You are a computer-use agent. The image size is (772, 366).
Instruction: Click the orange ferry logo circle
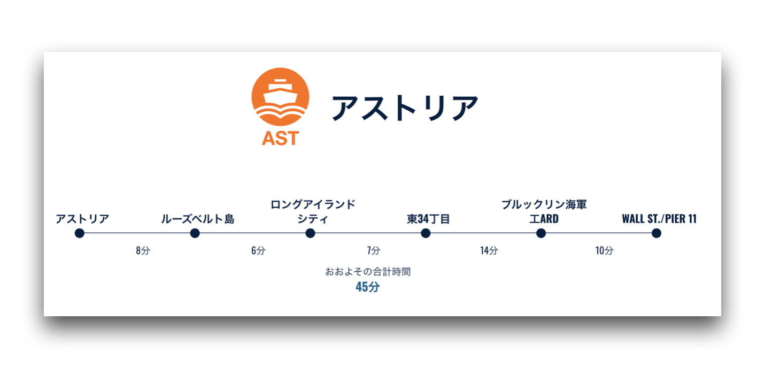point(280,97)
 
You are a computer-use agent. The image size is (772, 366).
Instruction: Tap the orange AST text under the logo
point(280,139)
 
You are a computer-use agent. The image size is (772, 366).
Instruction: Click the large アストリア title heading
point(405,108)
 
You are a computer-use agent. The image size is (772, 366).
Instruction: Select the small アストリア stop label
point(82,219)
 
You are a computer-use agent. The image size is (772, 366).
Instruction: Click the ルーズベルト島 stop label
point(198,219)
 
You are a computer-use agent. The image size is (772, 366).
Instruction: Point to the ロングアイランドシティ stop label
point(313,211)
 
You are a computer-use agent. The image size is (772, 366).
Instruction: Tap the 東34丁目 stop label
point(428,219)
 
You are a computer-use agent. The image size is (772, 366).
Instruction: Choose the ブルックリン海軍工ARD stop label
point(544,211)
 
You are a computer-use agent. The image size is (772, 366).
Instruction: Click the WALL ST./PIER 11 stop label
point(659,219)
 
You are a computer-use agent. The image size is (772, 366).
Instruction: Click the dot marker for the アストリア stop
point(80,233)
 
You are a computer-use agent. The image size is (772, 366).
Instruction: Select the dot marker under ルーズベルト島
point(195,233)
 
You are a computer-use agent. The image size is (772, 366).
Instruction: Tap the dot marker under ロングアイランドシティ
point(310,233)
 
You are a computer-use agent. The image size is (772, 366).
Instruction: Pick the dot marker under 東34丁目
point(426,233)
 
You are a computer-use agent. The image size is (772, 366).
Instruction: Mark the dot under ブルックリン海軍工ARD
point(541,233)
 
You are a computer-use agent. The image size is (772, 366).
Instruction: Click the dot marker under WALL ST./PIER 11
point(657,233)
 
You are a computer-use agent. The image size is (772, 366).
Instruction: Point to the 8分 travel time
point(143,250)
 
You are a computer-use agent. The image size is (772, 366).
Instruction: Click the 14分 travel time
point(489,250)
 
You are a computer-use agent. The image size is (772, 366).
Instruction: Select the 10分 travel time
point(605,250)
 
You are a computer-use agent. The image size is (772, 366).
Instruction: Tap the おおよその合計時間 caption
point(368,272)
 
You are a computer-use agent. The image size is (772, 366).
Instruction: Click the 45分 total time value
point(368,287)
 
